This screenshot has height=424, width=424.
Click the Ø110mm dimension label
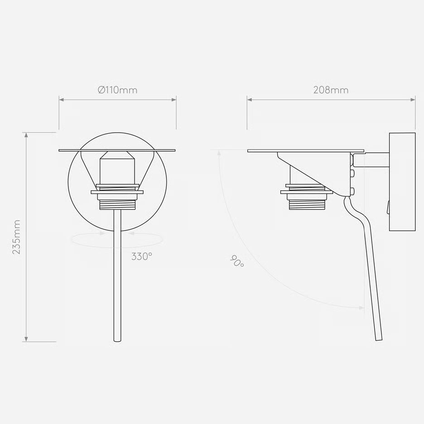(118, 90)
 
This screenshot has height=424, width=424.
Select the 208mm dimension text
(331, 90)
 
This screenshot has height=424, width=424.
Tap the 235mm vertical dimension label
(16, 237)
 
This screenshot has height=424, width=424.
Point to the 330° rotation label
(142, 256)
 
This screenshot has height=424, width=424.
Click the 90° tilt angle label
(237, 261)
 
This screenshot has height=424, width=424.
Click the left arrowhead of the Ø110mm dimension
(62, 100)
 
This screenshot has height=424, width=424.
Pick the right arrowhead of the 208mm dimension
(413, 100)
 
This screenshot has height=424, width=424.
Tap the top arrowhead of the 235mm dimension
(26, 135)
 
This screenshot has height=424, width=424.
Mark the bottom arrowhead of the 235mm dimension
(26, 339)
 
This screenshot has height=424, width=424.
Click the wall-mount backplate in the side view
(402, 182)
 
